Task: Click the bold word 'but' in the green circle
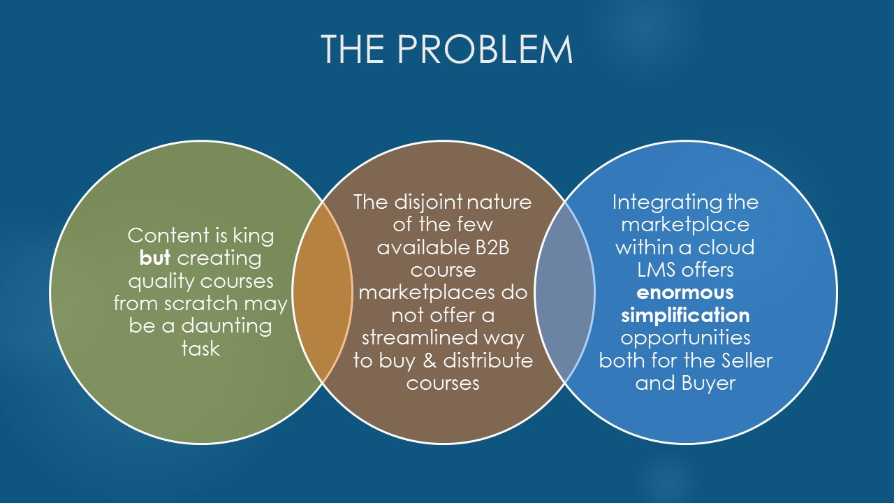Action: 155,258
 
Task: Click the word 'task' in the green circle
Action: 200,348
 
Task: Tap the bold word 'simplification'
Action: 685,314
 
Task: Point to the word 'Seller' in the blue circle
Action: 746,360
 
